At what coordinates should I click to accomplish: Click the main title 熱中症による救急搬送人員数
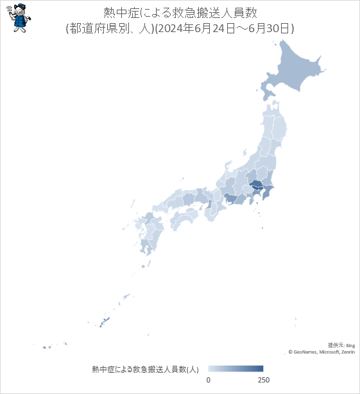pyautogui.click(x=180, y=12)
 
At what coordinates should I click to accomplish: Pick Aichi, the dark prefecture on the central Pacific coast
pyautogui.click(x=229, y=201)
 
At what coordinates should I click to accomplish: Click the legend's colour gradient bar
pyautogui.click(x=236, y=368)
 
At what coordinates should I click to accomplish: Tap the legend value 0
pyautogui.click(x=209, y=381)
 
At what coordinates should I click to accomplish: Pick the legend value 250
pyautogui.click(x=263, y=381)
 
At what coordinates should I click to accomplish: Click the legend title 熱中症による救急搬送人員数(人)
pyautogui.click(x=145, y=369)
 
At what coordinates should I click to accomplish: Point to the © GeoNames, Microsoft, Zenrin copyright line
pyautogui.click(x=321, y=352)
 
